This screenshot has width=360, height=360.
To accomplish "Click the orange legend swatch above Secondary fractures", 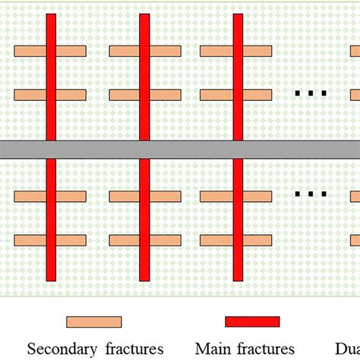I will [x=93, y=321].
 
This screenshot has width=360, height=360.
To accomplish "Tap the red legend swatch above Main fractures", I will [x=252, y=321].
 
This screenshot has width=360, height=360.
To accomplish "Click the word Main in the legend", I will [x=215, y=349].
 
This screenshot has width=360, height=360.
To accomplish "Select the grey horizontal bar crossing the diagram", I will [x=180, y=149].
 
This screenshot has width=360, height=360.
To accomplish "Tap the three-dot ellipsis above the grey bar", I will [x=311, y=93].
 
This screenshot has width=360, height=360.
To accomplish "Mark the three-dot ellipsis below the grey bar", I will [x=311, y=194].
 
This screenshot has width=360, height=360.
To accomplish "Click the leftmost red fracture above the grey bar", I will [x=51, y=76].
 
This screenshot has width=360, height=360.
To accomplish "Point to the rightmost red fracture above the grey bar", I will [x=238, y=76].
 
